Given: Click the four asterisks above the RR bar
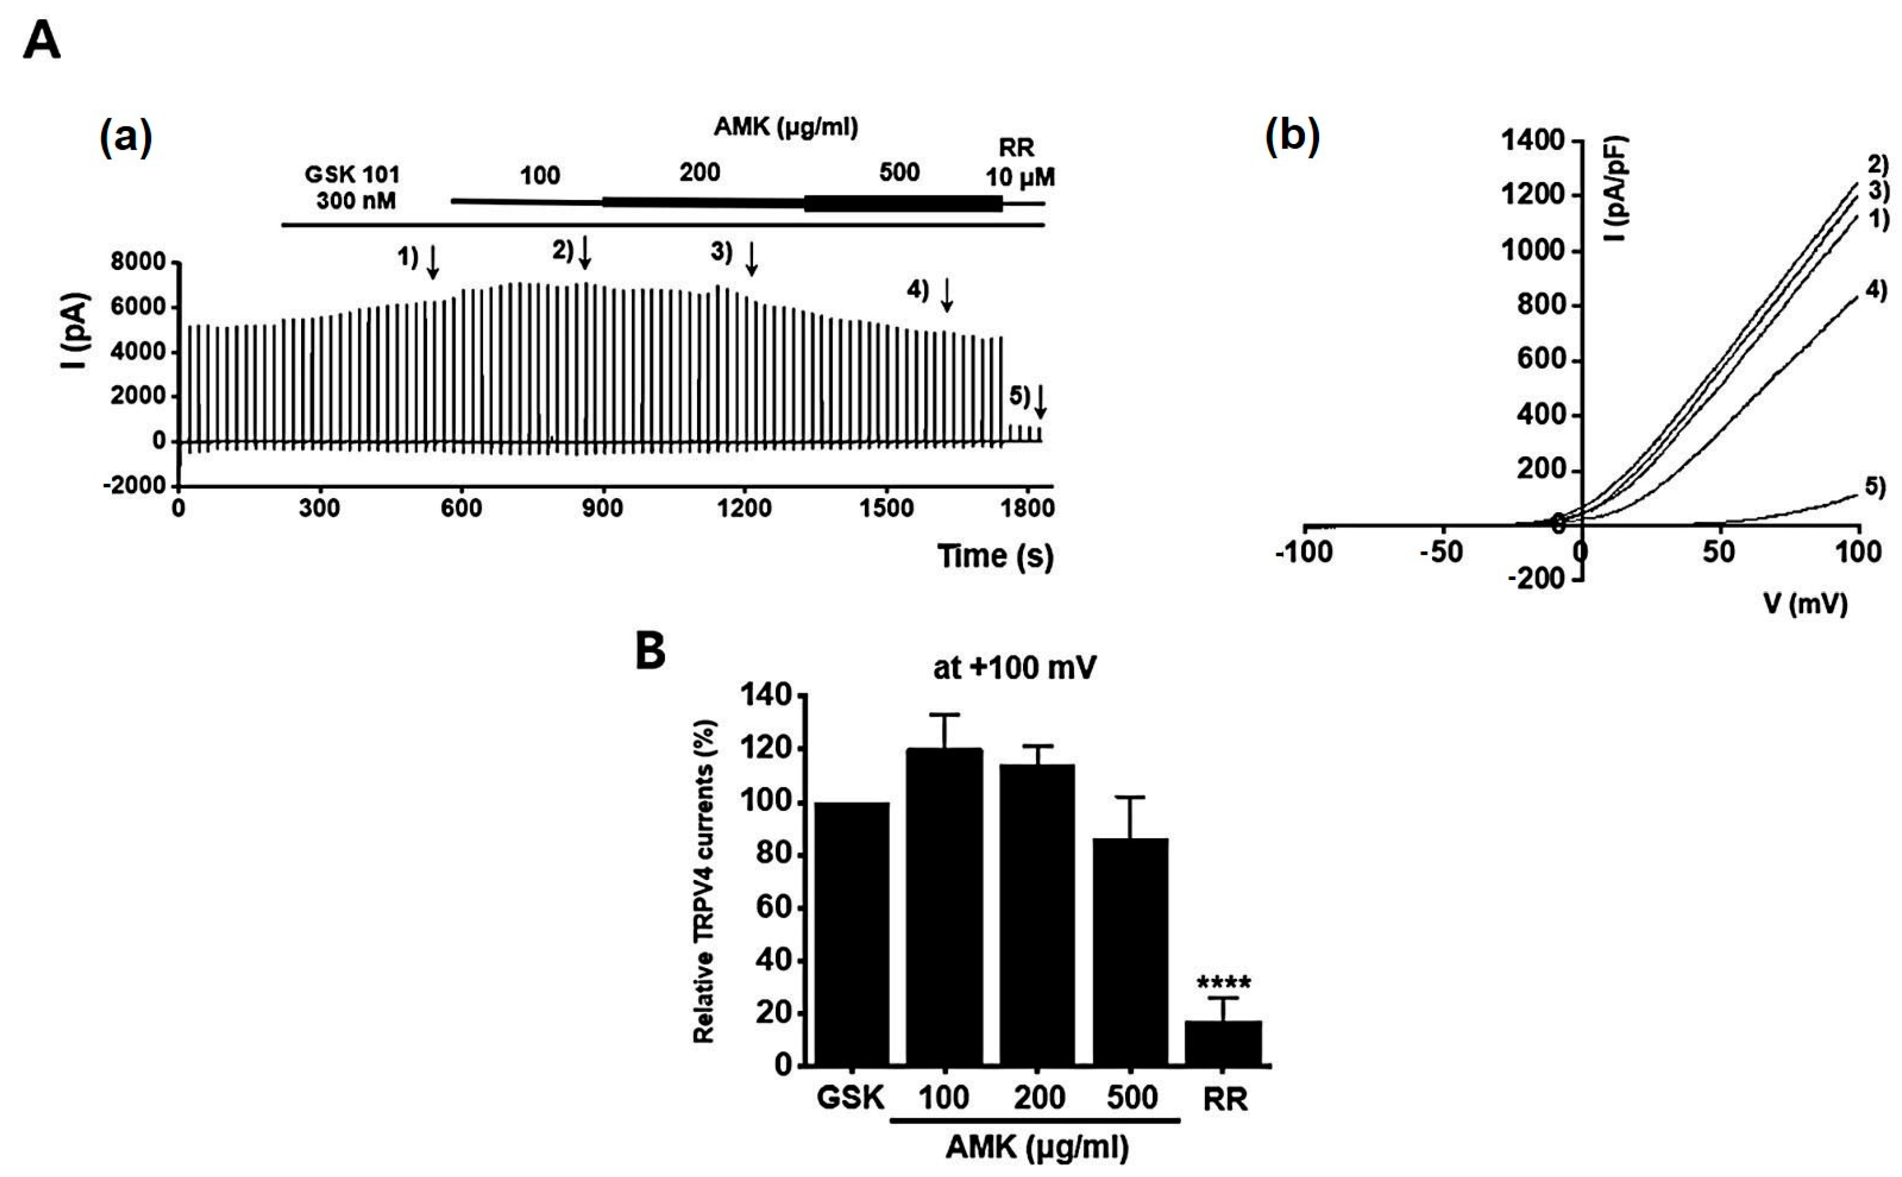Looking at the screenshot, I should pyautogui.click(x=1223, y=982).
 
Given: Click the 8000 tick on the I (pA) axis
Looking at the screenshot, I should pyautogui.click(x=138, y=262).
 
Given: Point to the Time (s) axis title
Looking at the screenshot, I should pyautogui.click(x=994, y=556).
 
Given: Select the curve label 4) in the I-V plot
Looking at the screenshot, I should pyautogui.click(x=1875, y=291).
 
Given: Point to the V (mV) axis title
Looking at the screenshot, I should pyautogui.click(x=1805, y=603).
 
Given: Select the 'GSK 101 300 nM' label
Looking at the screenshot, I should pyautogui.click(x=352, y=188).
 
